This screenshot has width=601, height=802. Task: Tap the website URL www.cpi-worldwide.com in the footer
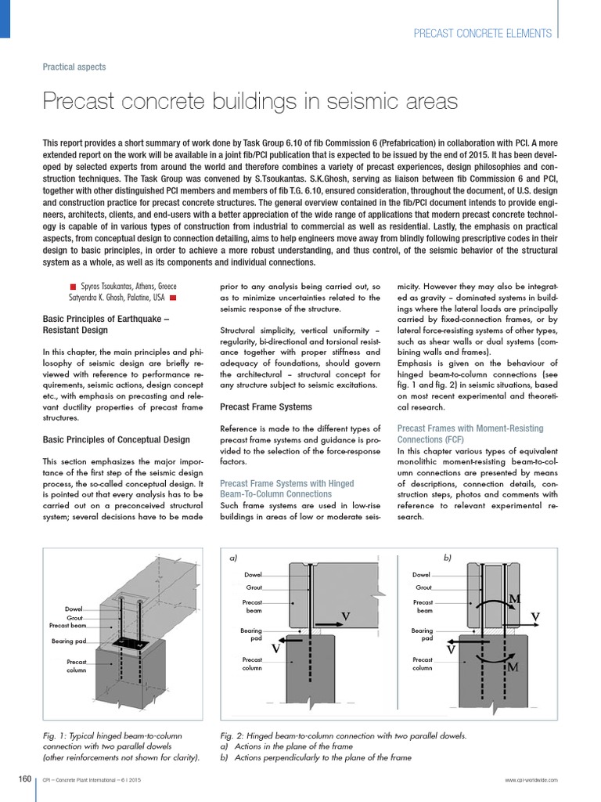[531, 781]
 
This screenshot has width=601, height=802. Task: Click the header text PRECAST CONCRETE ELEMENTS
[483, 33]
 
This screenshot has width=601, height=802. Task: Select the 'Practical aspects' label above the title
[74, 67]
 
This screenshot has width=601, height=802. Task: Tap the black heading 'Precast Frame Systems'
[266, 407]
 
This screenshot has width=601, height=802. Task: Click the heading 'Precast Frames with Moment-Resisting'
[470, 428]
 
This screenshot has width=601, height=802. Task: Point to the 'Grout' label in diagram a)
[254, 587]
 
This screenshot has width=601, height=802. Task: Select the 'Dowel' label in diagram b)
[422, 574]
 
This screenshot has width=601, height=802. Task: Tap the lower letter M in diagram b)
[513, 667]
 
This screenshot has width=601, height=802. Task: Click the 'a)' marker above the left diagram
[233, 558]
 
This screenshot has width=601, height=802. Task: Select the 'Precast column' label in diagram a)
[252, 664]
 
